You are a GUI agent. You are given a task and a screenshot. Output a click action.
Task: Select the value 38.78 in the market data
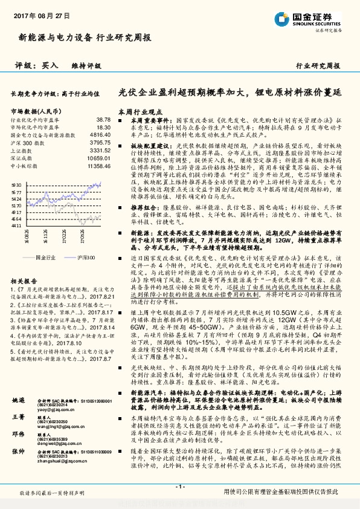point(103,120)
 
